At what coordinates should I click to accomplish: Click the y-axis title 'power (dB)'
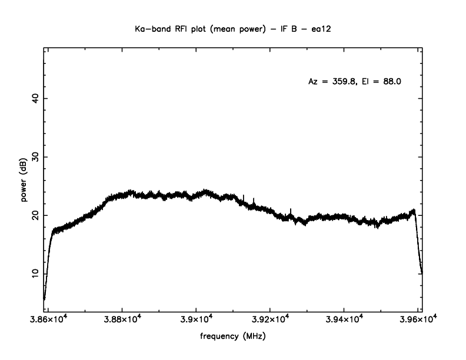(x=24, y=182)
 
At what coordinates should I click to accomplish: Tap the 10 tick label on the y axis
(x=34, y=273)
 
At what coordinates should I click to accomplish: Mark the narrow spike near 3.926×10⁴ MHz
(x=291, y=211)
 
